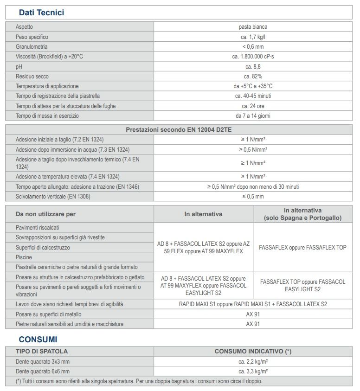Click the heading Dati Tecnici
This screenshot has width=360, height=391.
point(41,13)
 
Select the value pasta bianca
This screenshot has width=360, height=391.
point(253,27)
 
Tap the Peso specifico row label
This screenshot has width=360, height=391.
point(32,37)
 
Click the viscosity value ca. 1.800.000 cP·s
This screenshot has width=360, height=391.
point(253,57)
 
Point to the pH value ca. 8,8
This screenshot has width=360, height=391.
point(253,66)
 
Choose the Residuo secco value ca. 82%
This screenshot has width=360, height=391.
point(253,76)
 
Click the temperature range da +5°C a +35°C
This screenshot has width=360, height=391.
point(253,86)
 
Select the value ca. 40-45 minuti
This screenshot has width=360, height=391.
point(253,96)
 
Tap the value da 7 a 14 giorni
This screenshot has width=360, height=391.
point(253,115)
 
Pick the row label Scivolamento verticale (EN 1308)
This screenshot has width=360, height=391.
point(53,196)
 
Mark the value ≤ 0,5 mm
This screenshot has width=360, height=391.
point(253,196)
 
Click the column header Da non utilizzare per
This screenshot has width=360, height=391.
point(45,214)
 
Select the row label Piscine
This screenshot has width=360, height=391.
point(24,257)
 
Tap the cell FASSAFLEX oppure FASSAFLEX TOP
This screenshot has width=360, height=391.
point(302,247)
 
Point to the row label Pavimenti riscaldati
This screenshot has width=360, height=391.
point(38,228)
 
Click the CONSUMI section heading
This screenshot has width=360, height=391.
point(38,340)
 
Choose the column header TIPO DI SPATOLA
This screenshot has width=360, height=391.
point(42,351)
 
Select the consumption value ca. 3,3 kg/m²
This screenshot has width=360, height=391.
point(253,372)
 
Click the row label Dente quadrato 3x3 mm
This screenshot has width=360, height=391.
point(43,361)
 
